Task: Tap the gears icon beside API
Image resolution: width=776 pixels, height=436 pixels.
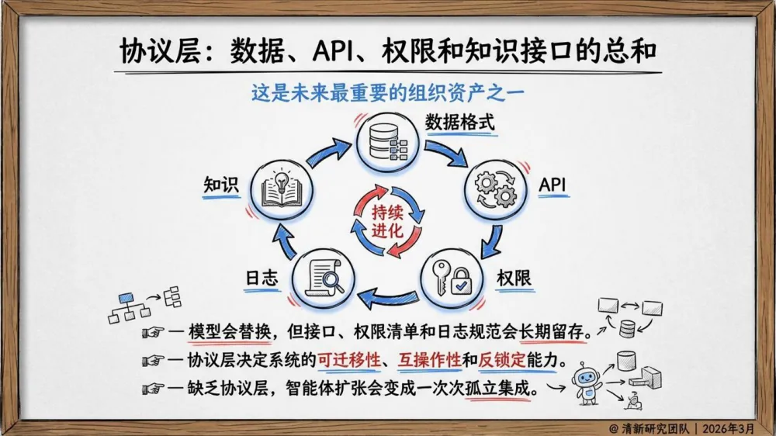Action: [x=495, y=189]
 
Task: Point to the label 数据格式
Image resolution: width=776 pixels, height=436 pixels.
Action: [x=459, y=123]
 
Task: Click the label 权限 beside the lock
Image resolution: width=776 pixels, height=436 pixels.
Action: [x=514, y=278]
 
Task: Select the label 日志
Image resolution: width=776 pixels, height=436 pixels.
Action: [x=262, y=278]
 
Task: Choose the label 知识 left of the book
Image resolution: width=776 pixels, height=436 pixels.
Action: [x=220, y=186]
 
